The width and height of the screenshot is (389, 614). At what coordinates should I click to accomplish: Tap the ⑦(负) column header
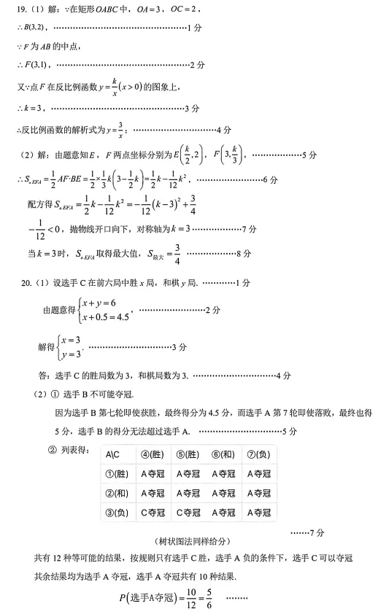click(258, 454)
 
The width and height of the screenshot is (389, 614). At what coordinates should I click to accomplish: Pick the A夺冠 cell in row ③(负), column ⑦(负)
click(258, 512)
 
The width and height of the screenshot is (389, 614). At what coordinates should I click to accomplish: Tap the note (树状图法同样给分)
click(192, 541)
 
